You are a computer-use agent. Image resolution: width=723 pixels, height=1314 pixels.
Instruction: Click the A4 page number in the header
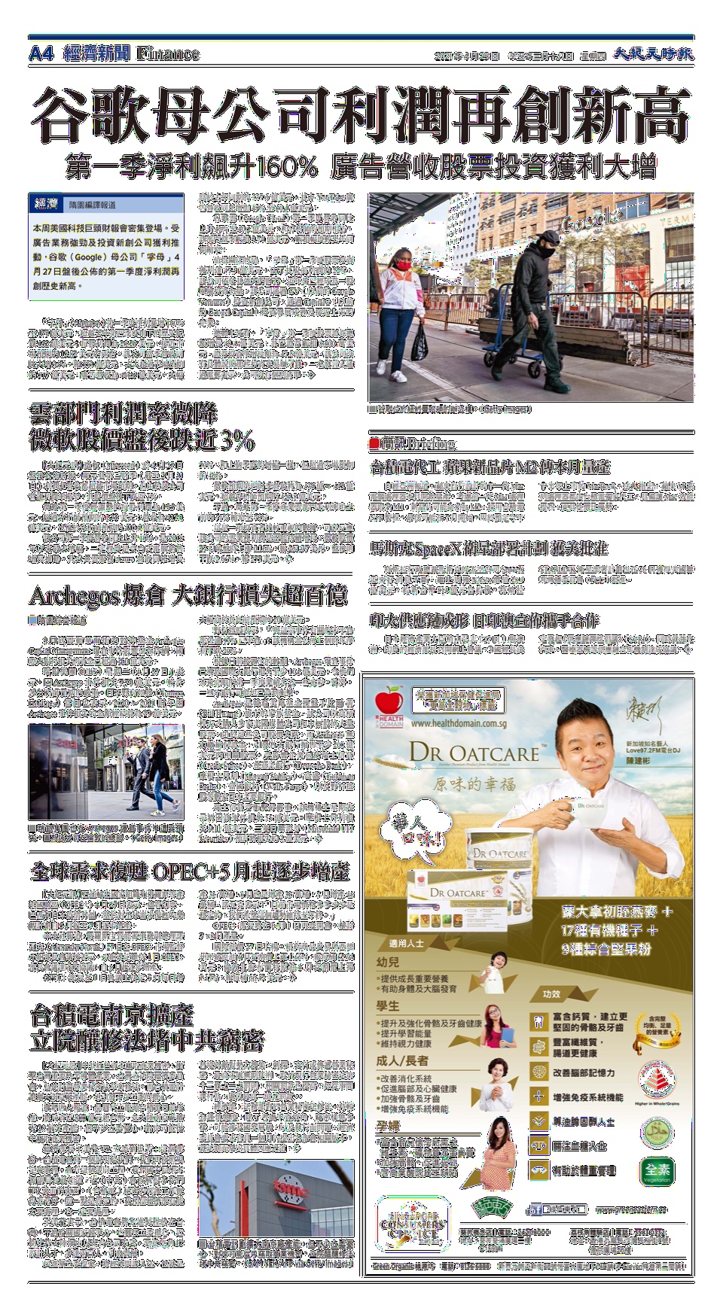point(41,54)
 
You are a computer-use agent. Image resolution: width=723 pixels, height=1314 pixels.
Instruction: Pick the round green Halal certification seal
point(657,1132)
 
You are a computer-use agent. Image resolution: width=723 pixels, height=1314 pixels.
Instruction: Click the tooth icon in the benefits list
point(538,1022)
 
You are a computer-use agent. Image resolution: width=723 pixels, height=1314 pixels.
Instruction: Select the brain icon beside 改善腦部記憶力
point(538,1072)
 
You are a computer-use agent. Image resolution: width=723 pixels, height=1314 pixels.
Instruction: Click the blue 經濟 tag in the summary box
point(47,204)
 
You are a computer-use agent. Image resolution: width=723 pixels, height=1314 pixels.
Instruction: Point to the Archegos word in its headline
point(74,597)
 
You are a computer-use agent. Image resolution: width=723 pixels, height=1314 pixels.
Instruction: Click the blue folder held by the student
point(506,1033)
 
